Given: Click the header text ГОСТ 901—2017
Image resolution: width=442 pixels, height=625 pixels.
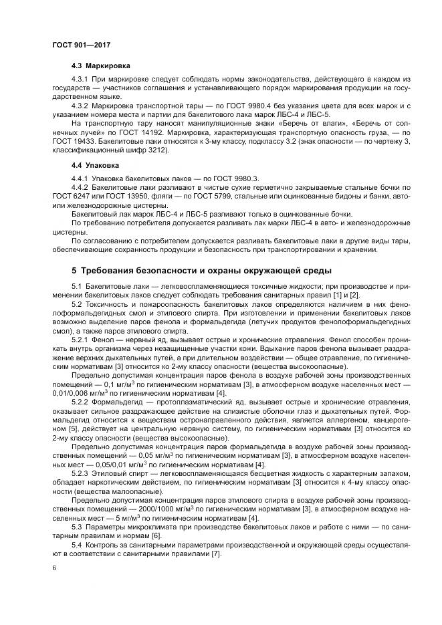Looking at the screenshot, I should pos(81,44).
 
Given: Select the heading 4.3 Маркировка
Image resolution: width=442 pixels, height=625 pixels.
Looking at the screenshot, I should pos(100,66).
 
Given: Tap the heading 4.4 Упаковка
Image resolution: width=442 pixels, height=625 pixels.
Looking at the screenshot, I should pos(96,164).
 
